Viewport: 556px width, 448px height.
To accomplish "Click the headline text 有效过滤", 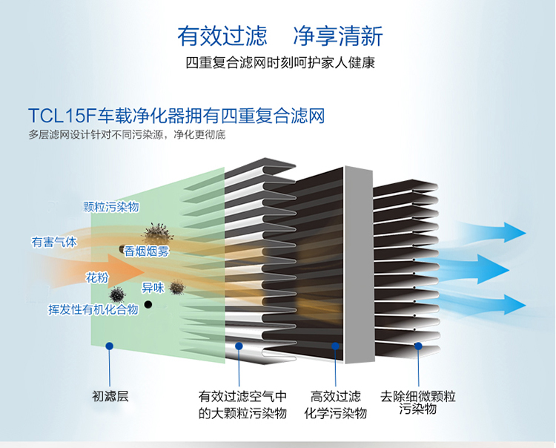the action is [222, 36].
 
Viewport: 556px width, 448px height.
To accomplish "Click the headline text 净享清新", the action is [338, 36].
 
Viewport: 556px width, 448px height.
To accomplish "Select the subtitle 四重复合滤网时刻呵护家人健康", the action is [280, 63].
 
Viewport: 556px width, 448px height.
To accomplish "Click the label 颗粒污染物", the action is [110, 207].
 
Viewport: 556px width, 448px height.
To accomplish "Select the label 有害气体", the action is [54, 242].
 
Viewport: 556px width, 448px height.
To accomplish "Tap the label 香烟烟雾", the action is [147, 251].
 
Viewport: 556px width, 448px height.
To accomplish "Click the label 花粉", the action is [97, 277].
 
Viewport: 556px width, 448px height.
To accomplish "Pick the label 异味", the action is [153, 288].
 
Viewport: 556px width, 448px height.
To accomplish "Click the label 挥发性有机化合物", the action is [93, 309].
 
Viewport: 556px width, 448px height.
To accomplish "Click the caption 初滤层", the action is [110, 396].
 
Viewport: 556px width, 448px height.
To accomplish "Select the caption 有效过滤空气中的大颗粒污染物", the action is [242, 404].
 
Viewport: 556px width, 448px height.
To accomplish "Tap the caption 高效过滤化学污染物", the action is [335, 404].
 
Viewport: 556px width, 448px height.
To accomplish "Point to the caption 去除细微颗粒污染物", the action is [417, 402].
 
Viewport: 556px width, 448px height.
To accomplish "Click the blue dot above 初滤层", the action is [110, 346].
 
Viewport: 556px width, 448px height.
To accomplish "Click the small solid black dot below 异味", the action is [148, 304].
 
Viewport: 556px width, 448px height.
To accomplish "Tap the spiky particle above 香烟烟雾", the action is [157, 234].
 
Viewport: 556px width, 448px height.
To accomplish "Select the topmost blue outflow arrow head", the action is [514, 232].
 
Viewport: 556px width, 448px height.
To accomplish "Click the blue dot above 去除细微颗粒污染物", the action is [418, 346].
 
